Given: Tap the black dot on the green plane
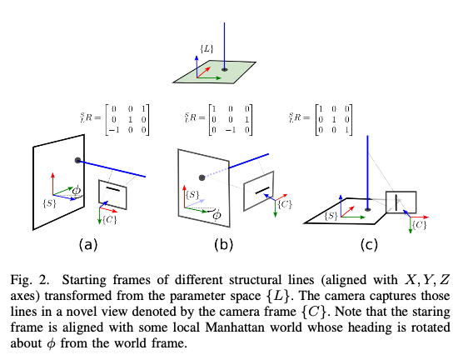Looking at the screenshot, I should point(224,70).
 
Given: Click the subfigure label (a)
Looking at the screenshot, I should point(88,244).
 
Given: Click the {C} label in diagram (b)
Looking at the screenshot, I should point(283,204).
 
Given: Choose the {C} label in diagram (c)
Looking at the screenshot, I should point(420,225).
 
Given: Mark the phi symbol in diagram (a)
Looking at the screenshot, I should point(77,192).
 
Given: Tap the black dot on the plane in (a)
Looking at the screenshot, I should point(77,159).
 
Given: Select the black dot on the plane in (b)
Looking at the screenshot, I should point(201,177).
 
